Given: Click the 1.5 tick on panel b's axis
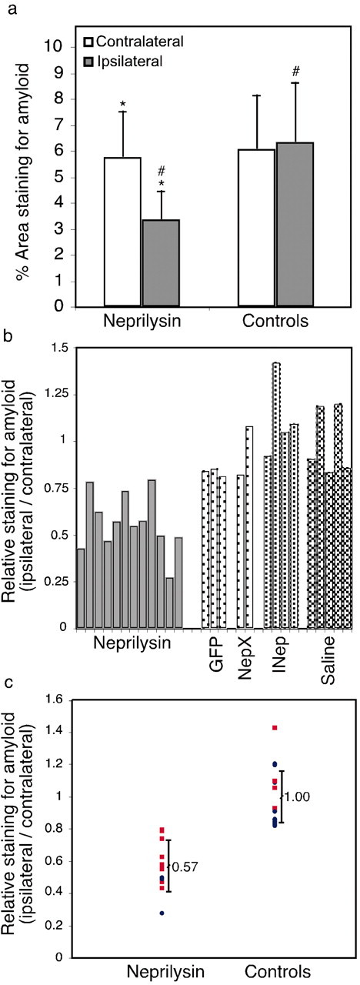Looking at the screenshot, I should [x=61, y=348].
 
